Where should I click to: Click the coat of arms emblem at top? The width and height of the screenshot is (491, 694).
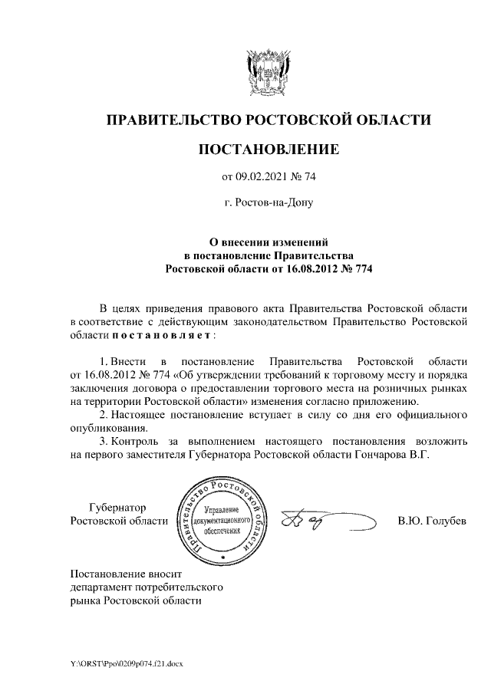click(x=268, y=73)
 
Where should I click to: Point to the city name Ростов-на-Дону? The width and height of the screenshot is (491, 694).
click(x=269, y=204)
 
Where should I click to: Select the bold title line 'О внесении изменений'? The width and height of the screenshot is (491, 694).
click(x=268, y=242)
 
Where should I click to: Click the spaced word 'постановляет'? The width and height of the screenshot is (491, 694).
click(x=163, y=335)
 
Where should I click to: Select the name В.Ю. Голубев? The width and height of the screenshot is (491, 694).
click(x=432, y=521)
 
